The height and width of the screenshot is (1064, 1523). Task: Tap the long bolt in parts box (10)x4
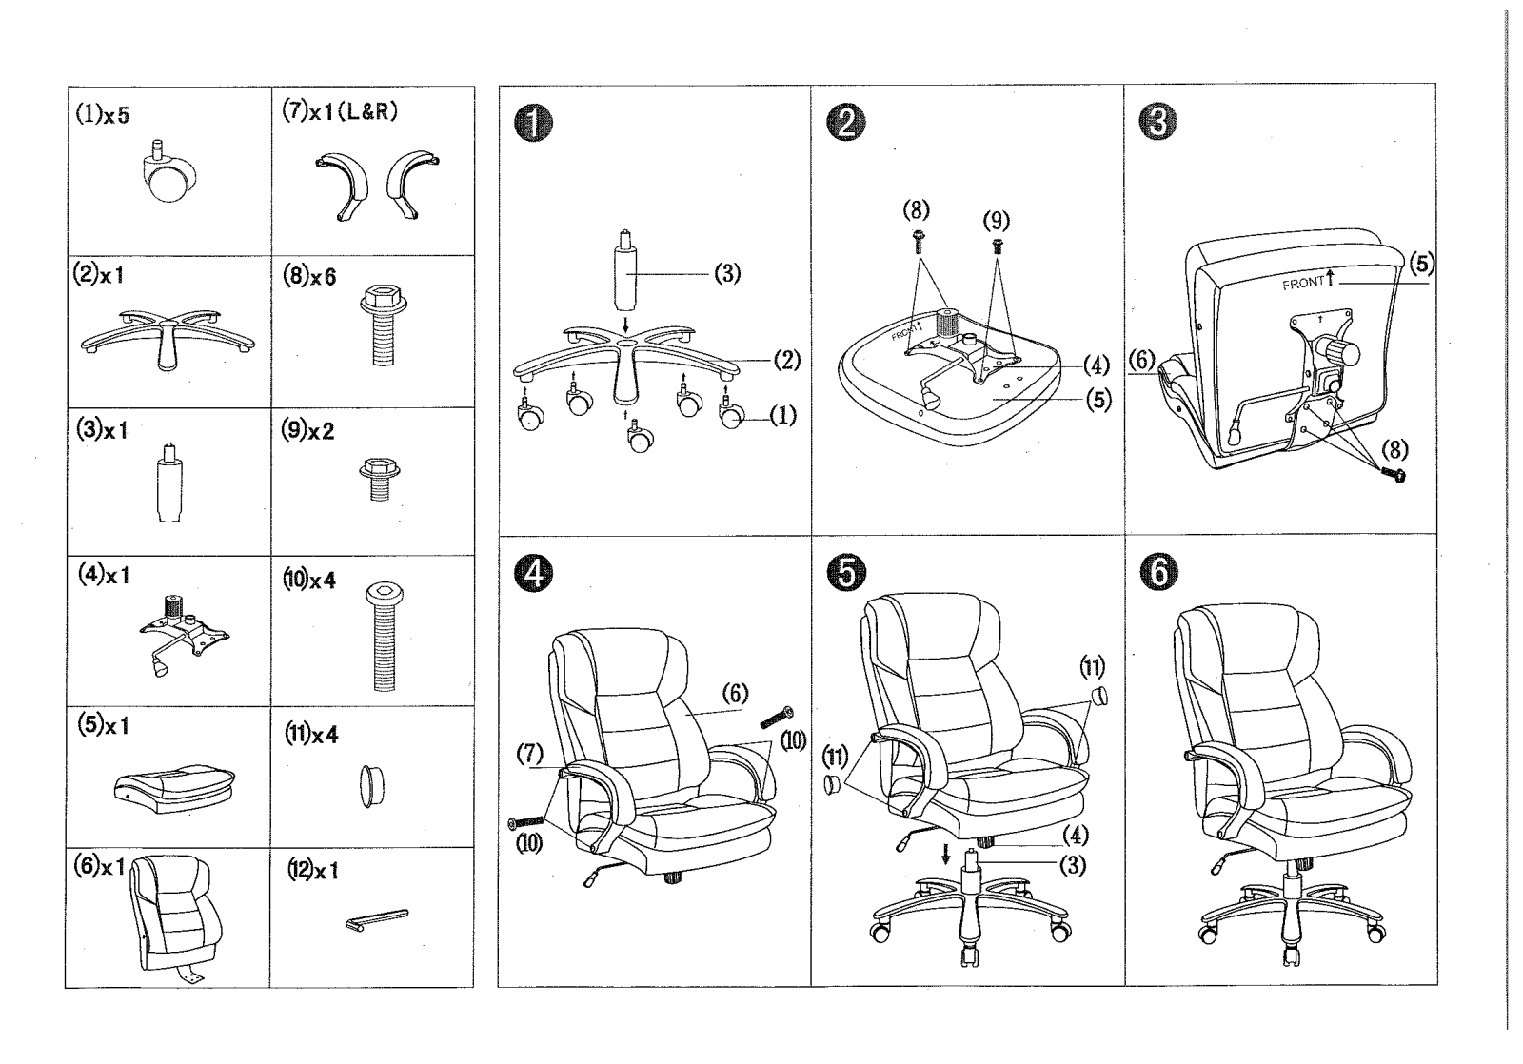[x=385, y=637]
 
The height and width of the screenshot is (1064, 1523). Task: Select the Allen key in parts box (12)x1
[x=377, y=919]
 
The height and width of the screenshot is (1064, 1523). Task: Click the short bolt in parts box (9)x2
[x=380, y=479]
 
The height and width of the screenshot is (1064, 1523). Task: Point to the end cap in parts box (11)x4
[x=371, y=787]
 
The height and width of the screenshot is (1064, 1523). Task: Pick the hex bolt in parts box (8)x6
[x=384, y=325]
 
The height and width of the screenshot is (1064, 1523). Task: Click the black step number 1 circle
[x=534, y=124]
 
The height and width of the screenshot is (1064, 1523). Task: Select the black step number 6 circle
[x=1158, y=572]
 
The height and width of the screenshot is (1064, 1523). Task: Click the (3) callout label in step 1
[x=727, y=274]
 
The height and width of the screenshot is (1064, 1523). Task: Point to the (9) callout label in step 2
[x=996, y=220]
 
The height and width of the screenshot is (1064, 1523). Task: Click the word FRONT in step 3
[x=1303, y=284]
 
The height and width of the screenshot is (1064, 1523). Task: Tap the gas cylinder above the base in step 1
[x=625, y=270]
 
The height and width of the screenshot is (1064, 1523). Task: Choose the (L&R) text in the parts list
[x=367, y=111]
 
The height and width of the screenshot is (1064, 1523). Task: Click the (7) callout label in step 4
[x=529, y=754]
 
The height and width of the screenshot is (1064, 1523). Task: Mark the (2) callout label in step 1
[x=787, y=360]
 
